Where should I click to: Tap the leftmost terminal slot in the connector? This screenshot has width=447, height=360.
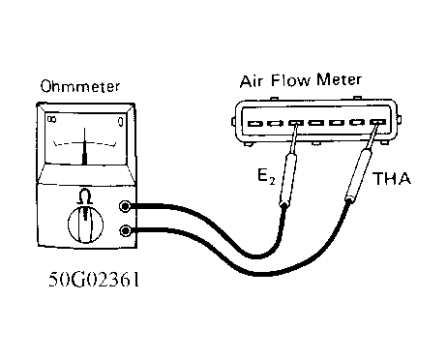click(x=254, y=123)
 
